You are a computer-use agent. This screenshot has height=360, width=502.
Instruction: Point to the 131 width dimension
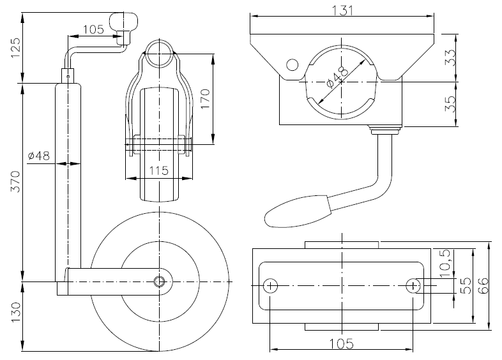(344, 9)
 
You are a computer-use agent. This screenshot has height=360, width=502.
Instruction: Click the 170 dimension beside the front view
(204, 99)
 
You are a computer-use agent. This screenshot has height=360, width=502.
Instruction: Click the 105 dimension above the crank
(93, 29)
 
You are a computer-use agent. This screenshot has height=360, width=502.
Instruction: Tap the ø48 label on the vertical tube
(40, 155)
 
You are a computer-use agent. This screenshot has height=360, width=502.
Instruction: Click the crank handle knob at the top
(123, 25)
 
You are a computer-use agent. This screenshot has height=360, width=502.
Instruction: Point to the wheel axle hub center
(160, 281)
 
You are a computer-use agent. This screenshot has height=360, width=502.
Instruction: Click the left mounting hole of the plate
(271, 285)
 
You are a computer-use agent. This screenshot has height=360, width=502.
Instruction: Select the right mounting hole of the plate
(415, 285)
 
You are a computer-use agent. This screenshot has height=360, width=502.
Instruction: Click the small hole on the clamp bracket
(292, 64)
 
